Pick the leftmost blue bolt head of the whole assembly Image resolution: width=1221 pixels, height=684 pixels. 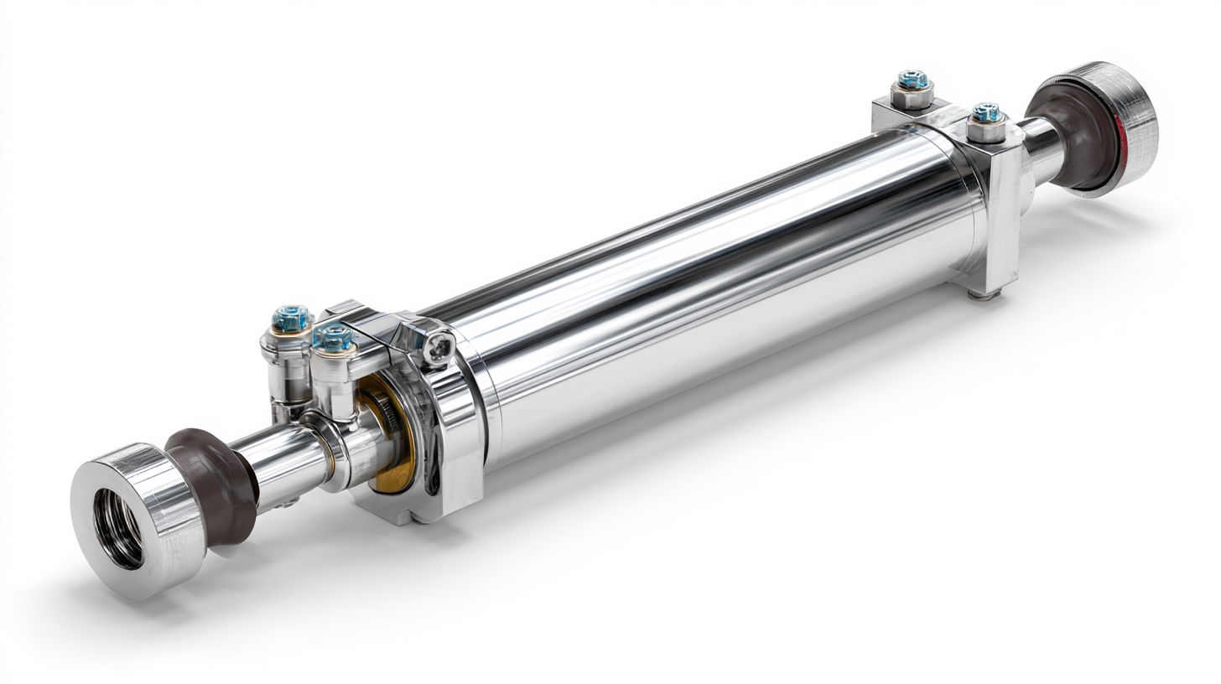point(291,319)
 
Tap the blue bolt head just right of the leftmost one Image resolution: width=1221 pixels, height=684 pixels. point(334,337)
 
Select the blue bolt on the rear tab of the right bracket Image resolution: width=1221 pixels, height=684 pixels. point(913,80)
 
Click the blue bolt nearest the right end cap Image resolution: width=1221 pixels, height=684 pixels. point(986,112)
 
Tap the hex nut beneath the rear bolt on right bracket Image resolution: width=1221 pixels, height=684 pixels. point(912,97)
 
